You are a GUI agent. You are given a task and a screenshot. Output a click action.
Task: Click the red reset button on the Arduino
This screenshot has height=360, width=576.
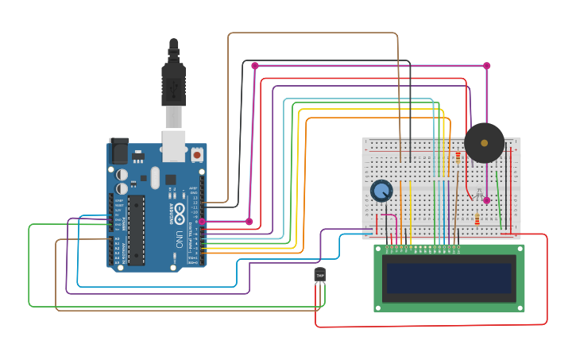(x=196, y=156)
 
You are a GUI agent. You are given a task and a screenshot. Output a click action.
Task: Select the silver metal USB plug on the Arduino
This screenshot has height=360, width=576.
(x=174, y=117)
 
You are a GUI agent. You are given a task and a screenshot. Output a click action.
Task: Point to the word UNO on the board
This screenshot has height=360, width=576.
(x=179, y=238)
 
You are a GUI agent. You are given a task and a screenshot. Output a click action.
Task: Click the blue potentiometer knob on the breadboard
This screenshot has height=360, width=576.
(x=381, y=191)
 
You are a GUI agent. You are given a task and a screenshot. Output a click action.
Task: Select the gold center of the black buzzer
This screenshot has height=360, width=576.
(x=484, y=143)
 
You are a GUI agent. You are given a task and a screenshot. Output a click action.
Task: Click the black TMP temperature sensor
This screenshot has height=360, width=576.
(x=320, y=275)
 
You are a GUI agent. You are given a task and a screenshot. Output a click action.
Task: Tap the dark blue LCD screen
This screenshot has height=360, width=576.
(x=449, y=278)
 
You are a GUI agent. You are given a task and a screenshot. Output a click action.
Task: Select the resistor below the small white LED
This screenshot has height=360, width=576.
(x=477, y=219)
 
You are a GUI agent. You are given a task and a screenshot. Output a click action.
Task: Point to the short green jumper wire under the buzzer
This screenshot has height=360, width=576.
(x=498, y=195)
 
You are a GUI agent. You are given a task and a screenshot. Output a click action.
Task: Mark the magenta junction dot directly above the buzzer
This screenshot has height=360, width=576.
(x=486, y=66)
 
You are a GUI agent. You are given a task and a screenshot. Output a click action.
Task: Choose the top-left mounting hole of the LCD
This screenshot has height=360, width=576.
(x=379, y=250)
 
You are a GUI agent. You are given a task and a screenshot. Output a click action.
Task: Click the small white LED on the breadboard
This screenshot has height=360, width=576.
(x=477, y=198)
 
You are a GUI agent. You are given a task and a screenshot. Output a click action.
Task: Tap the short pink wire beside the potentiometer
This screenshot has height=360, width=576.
(x=389, y=216)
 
